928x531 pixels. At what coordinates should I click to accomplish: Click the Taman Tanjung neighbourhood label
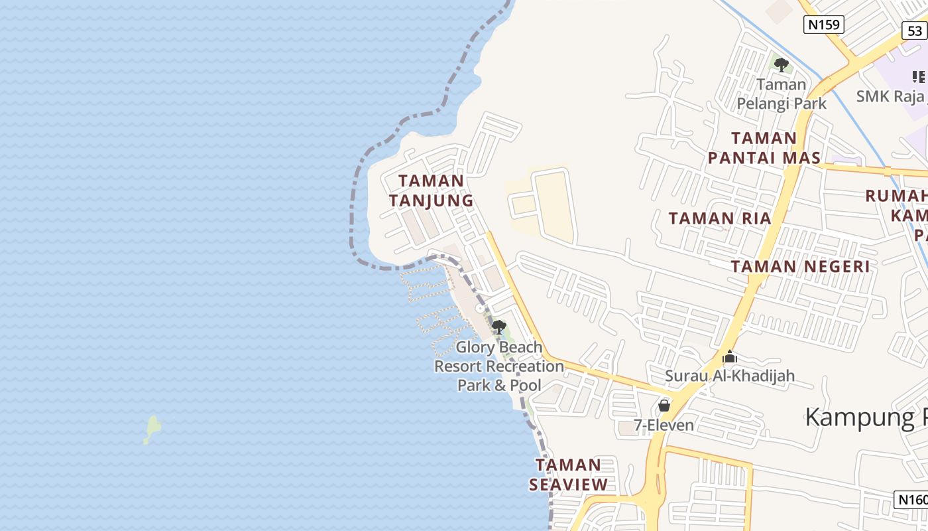(x=431, y=190)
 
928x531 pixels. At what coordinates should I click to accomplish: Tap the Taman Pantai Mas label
(x=764, y=148)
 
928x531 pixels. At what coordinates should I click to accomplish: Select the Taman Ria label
(x=720, y=218)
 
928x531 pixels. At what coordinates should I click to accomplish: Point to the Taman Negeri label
(x=800, y=267)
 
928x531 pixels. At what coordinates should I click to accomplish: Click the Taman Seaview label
(x=568, y=475)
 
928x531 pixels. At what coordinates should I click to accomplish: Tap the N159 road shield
(x=824, y=25)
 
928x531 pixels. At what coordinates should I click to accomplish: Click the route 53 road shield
(x=915, y=31)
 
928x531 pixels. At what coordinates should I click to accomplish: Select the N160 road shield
(x=911, y=500)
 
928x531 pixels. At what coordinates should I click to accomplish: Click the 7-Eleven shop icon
(x=664, y=405)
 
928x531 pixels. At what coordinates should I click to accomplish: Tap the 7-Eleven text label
(x=664, y=425)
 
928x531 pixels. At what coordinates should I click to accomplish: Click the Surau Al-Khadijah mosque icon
(x=730, y=357)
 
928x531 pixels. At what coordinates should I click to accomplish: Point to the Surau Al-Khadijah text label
(x=730, y=376)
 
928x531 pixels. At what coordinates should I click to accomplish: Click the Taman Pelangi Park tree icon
(x=782, y=65)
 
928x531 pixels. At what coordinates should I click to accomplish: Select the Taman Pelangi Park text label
(x=782, y=94)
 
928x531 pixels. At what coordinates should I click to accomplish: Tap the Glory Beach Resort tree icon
(x=498, y=327)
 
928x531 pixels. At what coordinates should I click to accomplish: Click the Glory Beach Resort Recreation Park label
(x=499, y=366)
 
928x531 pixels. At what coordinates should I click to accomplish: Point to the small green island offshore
(x=152, y=428)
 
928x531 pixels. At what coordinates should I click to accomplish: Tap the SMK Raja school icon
(x=919, y=77)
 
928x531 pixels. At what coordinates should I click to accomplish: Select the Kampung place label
(x=866, y=417)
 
